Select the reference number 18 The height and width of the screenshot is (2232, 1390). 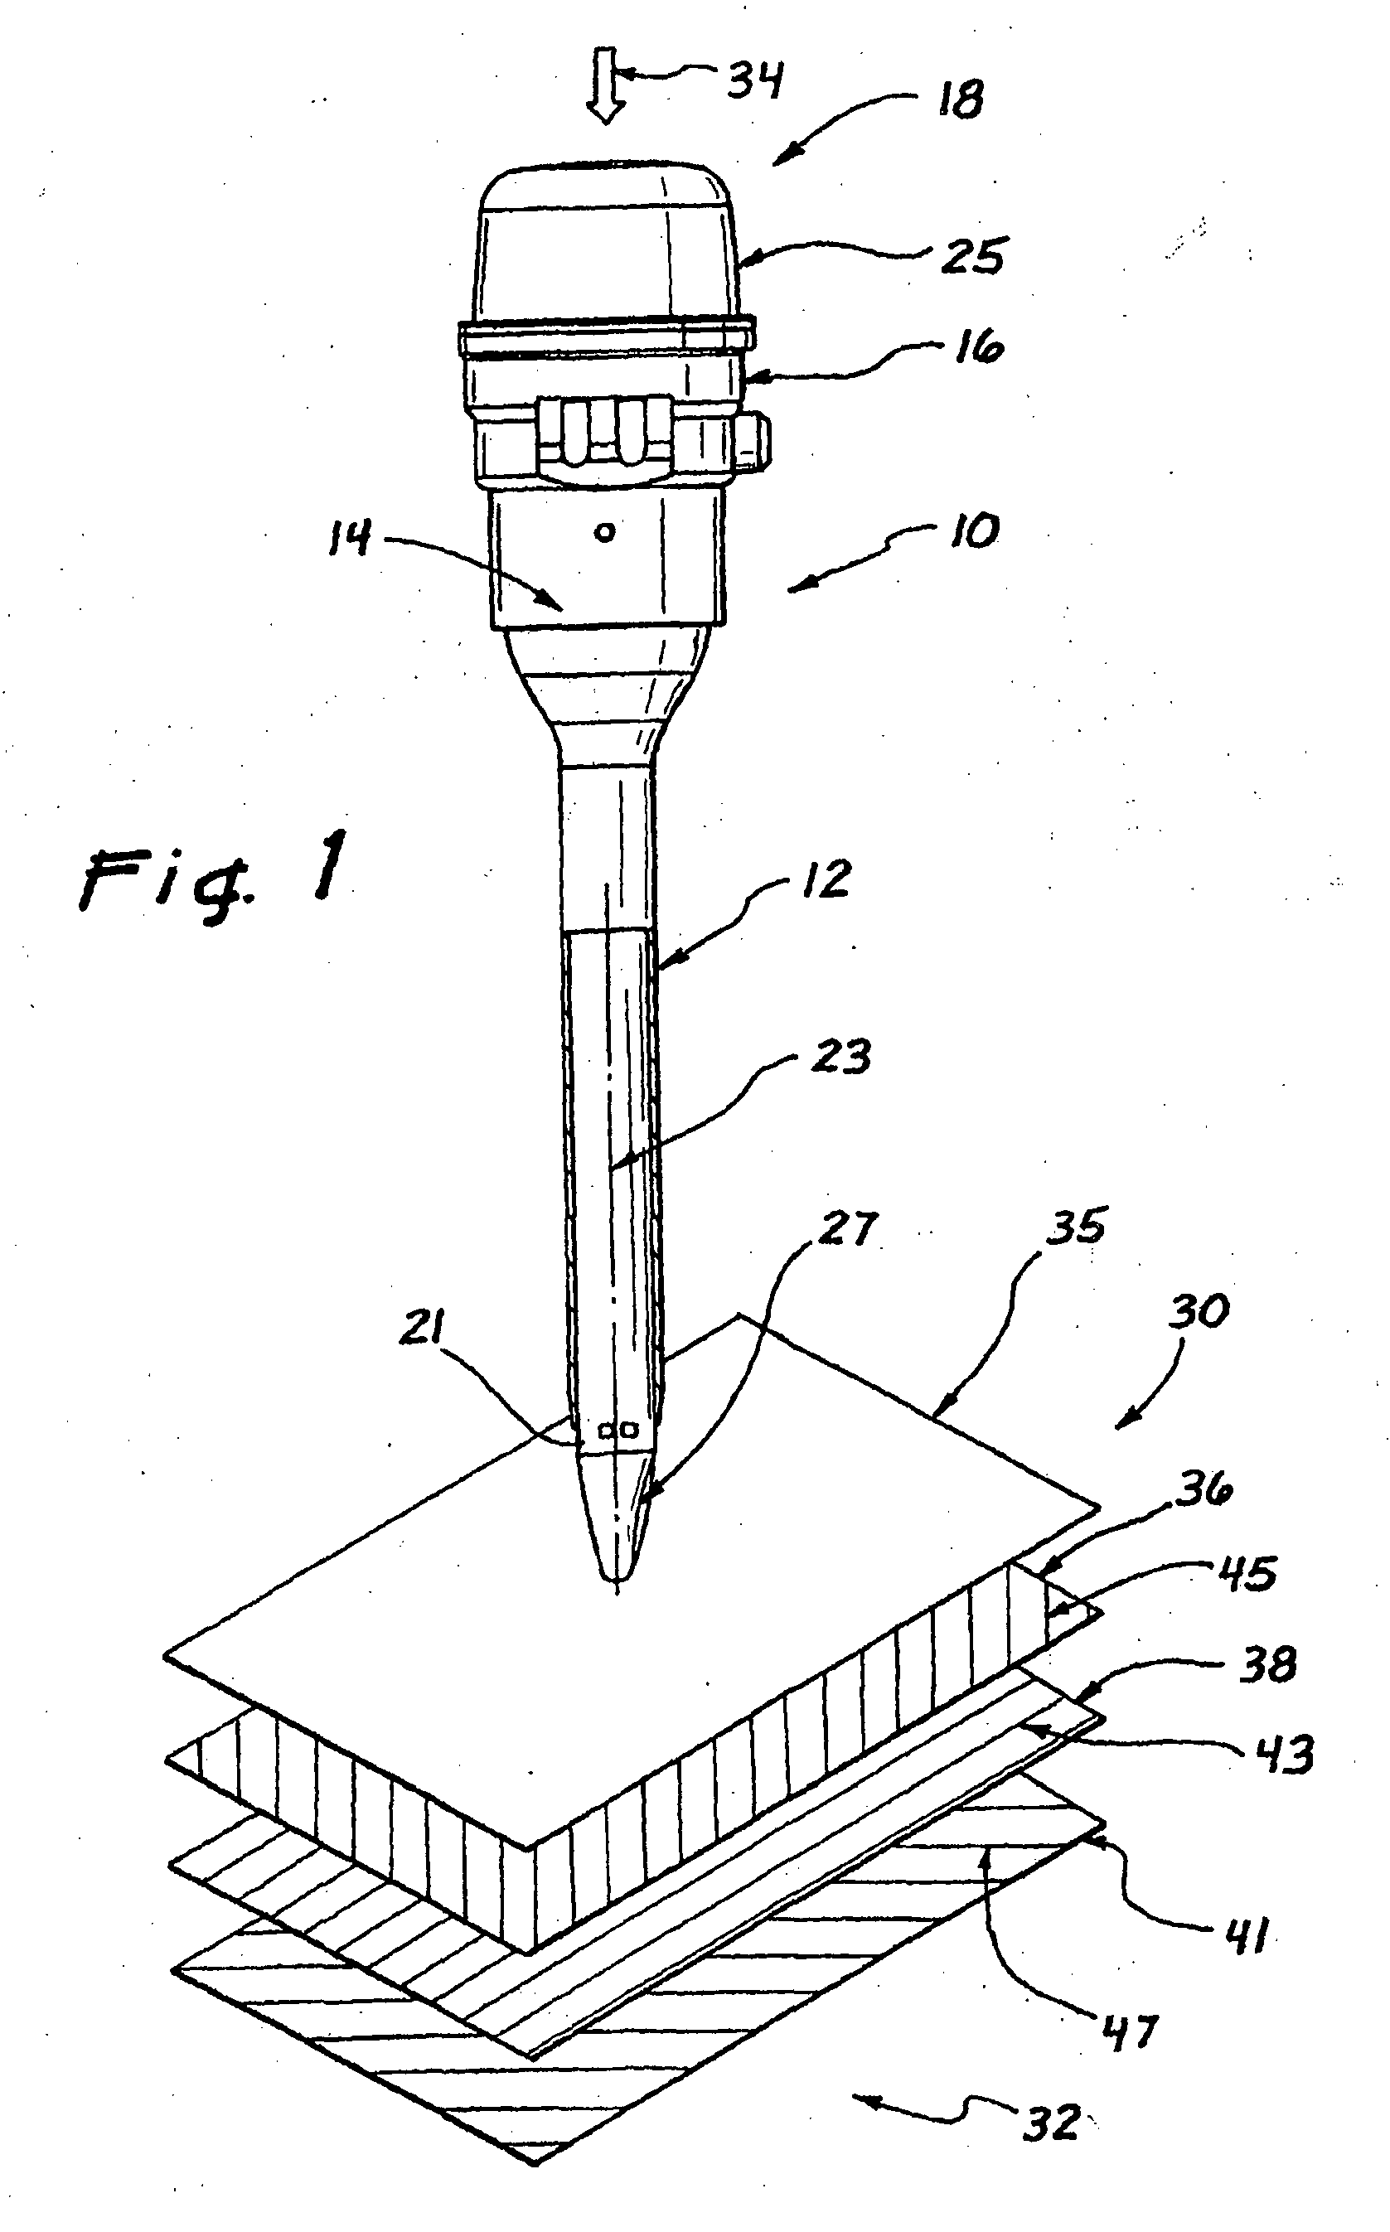(x=961, y=99)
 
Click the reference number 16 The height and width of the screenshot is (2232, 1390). (x=977, y=347)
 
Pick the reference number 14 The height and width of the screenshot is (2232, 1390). (x=349, y=536)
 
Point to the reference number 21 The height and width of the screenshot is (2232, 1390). (x=422, y=1328)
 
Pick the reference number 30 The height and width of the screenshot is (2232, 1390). (x=1199, y=1311)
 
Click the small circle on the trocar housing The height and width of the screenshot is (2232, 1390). (x=605, y=532)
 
